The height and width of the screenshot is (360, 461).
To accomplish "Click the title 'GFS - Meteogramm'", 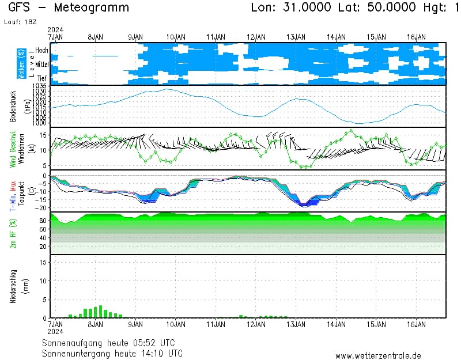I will pyautogui.click(x=69, y=8).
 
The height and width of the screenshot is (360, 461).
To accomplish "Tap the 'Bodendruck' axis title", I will pyautogui.click(x=13, y=106).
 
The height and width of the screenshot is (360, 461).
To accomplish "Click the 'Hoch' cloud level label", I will pyautogui.click(x=41, y=51).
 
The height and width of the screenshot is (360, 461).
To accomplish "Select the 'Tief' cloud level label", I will pyautogui.click(x=42, y=78).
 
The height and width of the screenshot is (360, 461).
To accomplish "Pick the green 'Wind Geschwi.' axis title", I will pyautogui.click(x=13, y=149).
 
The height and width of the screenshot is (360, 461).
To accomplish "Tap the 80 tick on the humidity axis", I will pyautogui.click(x=43, y=221).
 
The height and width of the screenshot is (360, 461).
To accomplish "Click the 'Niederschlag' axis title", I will pyautogui.click(x=13, y=286).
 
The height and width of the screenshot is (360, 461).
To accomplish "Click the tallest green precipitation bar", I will pyautogui.click(x=100, y=312).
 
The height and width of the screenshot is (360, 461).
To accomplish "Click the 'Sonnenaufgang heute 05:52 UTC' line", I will pyautogui.click(x=112, y=343).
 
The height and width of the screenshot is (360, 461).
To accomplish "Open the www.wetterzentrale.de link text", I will pyautogui.click(x=379, y=356).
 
